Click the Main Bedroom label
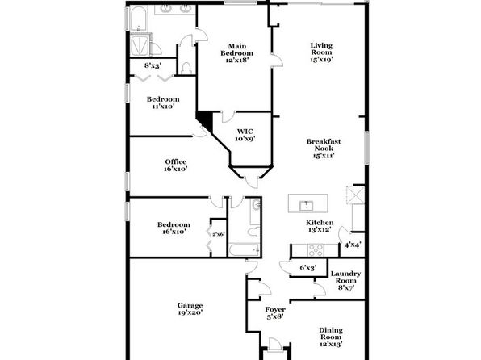(236, 53)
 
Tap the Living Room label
(321, 52)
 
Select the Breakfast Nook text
(324, 149)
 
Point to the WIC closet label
(245, 135)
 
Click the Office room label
(176, 165)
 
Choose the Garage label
(190, 309)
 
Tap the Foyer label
(275, 312)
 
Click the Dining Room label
(331, 337)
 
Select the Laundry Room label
(345, 281)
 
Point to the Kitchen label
(320, 226)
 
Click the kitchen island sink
(306, 206)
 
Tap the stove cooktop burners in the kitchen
(316, 250)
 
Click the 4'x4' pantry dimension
(353, 245)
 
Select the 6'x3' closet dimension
(308, 268)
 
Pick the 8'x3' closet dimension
(153, 65)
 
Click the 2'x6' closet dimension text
(219, 234)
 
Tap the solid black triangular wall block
(206, 119)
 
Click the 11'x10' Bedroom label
(163, 103)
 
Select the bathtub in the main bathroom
(138, 18)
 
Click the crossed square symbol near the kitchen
(356, 195)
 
